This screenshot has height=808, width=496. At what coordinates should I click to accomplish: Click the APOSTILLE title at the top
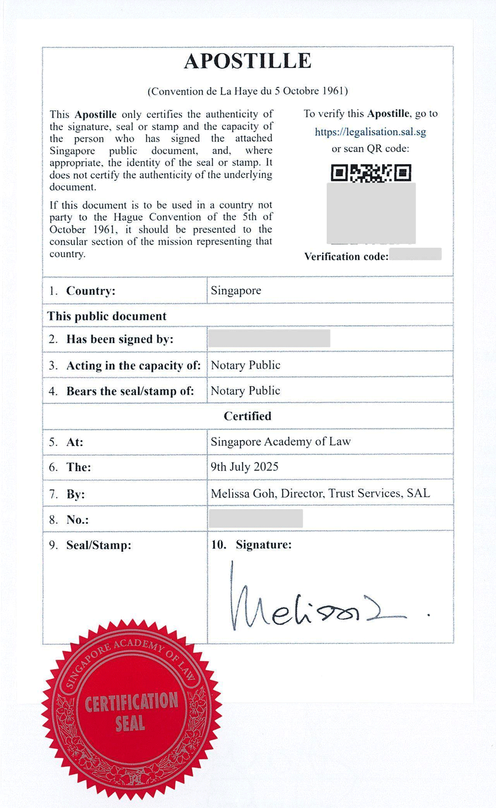pos(247,61)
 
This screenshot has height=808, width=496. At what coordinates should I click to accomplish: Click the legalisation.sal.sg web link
pos(371,131)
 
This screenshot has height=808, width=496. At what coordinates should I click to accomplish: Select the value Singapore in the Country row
pos(236,290)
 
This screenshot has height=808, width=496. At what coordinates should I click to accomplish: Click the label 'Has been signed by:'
pos(120,339)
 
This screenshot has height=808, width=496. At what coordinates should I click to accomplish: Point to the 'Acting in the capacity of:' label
pos(134,365)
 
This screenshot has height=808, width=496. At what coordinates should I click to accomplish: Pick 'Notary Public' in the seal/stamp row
pos(245,391)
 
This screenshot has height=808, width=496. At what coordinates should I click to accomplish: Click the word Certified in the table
pos(247,416)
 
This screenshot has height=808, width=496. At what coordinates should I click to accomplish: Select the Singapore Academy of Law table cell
pos(281,441)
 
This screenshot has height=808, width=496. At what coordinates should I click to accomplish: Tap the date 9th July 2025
pos(244,466)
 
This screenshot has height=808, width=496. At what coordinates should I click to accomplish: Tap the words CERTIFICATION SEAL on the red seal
pos(131,711)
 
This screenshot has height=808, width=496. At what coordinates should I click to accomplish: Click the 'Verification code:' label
pos(346,256)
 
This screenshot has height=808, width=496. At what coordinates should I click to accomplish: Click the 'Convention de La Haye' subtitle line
pos(247,91)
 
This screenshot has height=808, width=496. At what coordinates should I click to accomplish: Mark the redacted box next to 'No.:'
pos(255,518)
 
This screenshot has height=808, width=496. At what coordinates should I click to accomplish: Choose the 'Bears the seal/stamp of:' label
pos(130,391)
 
